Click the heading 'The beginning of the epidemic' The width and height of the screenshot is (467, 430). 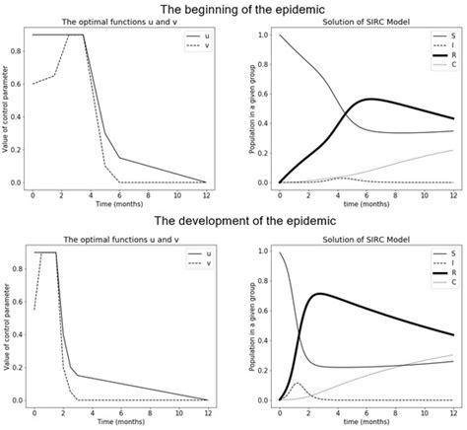233,9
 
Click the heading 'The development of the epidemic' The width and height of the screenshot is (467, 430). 233,222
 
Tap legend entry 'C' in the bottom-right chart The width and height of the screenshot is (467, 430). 442,283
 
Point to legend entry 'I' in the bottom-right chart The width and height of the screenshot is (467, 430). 442,262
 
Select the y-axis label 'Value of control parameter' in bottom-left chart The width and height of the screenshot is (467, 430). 9,325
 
